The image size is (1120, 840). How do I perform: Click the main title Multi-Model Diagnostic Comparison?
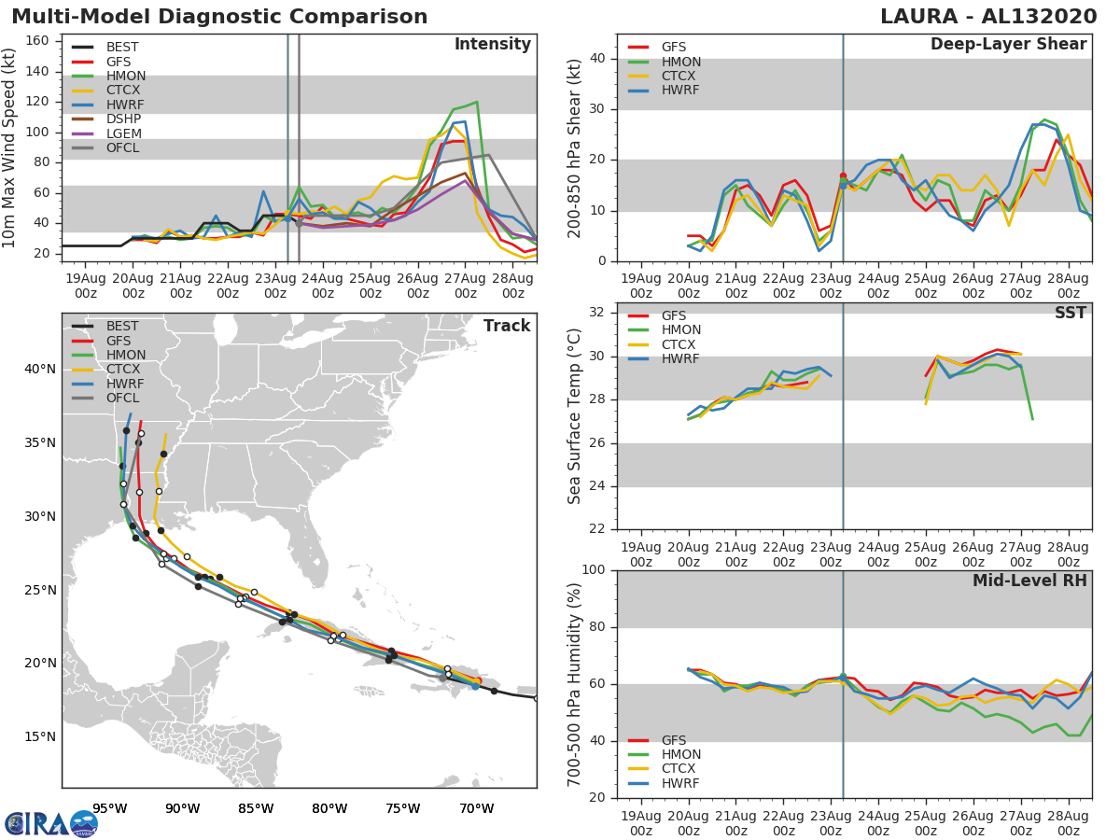tap(219, 17)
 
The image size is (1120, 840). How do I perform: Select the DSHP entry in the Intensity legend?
tap(124, 119)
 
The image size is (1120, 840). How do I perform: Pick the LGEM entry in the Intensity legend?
tap(124, 133)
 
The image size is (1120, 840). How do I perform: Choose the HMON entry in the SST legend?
tap(681, 330)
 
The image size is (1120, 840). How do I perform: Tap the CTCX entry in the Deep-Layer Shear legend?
tap(681, 77)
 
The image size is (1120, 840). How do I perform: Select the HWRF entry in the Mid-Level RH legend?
tap(681, 783)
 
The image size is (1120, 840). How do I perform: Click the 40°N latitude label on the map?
tap(40, 369)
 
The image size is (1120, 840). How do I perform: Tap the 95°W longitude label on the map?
tap(109, 808)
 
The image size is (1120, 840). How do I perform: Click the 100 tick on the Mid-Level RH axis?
tap(593, 570)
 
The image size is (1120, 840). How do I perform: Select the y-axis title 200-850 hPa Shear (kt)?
tap(575, 147)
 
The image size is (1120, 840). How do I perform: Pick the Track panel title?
tap(506, 326)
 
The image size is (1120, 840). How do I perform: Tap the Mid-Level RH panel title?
tap(1029, 581)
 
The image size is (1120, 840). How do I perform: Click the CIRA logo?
tap(51, 823)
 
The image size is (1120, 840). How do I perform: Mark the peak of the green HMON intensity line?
tap(477, 102)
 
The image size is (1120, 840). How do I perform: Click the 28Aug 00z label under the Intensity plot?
tap(512, 286)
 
